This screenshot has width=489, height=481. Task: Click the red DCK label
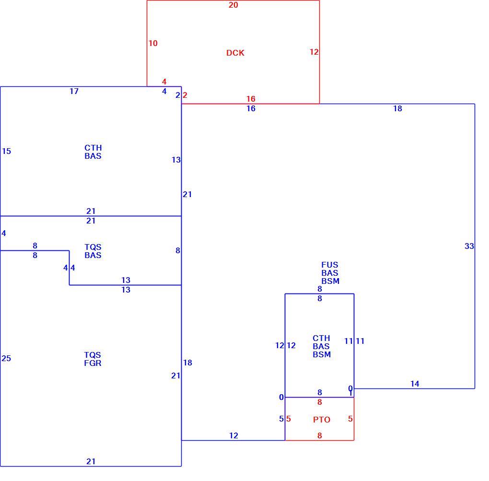(235, 53)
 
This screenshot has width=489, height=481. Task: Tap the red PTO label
(322, 420)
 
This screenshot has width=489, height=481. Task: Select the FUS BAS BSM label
(330, 273)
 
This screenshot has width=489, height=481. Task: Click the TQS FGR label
(93, 359)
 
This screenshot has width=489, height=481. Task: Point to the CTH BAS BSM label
(322, 346)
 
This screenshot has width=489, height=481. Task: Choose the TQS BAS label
(93, 251)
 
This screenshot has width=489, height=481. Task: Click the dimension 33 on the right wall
(469, 246)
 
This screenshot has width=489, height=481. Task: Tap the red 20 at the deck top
(233, 5)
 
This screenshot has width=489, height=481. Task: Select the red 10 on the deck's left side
(153, 43)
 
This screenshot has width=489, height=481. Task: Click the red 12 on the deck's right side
(314, 52)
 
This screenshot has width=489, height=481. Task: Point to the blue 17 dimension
(74, 91)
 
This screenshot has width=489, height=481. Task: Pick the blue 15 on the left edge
(6, 151)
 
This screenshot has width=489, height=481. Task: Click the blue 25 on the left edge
(6, 358)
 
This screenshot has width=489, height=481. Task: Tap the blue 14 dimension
(415, 384)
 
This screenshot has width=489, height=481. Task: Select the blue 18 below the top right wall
(397, 108)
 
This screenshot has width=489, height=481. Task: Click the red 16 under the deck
(251, 99)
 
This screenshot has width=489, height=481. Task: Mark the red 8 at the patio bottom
(320, 435)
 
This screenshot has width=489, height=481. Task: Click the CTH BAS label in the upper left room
(93, 152)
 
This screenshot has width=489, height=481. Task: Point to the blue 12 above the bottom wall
(233, 435)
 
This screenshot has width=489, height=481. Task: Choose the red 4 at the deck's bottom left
(164, 82)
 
